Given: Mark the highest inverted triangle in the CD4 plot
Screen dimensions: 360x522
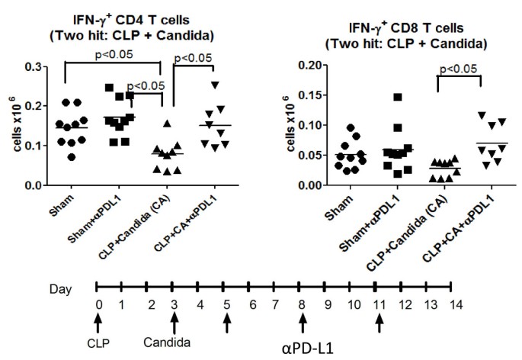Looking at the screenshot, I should point(216,85).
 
